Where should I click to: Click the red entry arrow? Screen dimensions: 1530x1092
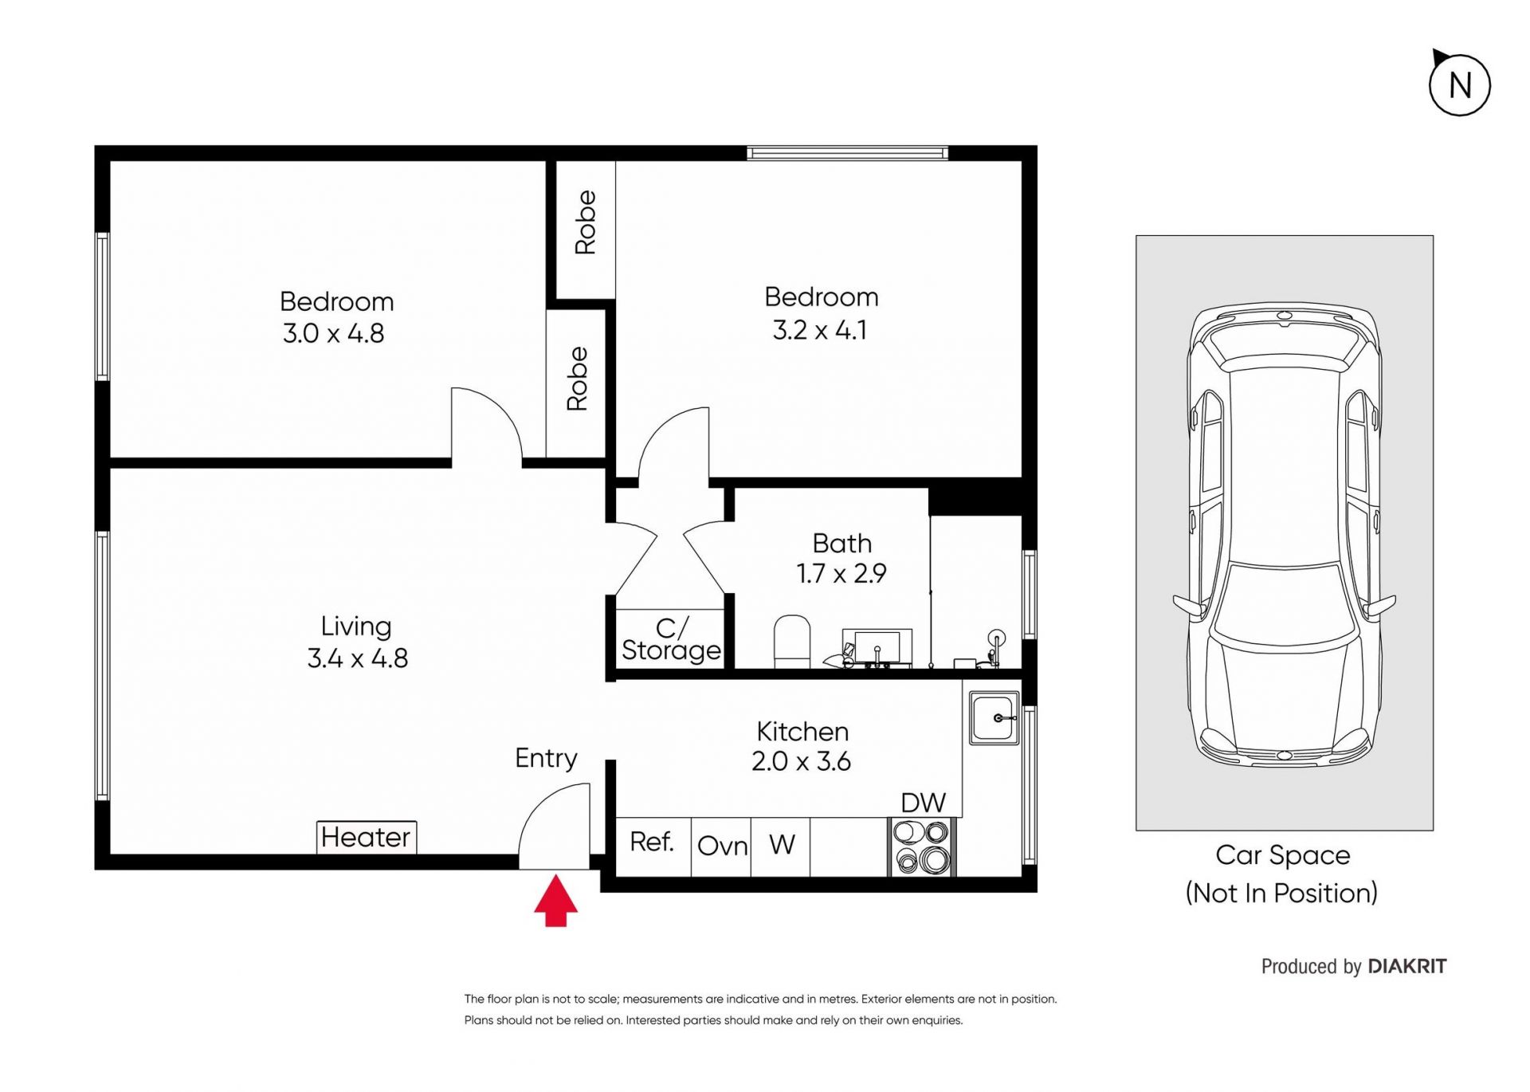[x=555, y=901]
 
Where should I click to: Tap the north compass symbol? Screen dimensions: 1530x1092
[x=1459, y=84]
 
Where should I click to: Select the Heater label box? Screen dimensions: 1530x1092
[x=367, y=837]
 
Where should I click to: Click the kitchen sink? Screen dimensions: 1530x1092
[x=994, y=717]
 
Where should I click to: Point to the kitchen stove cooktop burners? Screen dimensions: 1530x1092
[x=922, y=847]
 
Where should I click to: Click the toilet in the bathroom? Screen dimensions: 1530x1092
[x=792, y=641]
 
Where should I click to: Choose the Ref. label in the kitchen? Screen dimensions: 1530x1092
[x=652, y=842]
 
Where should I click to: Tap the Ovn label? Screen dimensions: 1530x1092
[x=722, y=846]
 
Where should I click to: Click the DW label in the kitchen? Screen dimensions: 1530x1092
[x=923, y=803]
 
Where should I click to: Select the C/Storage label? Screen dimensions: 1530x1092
[x=671, y=639]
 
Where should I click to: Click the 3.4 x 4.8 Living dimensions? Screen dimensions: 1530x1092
[x=357, y=658]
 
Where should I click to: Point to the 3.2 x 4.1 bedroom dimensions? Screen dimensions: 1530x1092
[x=820, y=330]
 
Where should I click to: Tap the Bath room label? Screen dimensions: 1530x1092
[x=842, y=544]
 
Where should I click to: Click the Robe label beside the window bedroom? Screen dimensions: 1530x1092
[x=586, y=222]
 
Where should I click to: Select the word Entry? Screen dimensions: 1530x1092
[x=546, y=758]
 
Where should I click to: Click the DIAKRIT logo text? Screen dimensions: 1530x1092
[x=1407, y=967]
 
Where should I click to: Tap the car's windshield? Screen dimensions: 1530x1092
[x=1284, y=602]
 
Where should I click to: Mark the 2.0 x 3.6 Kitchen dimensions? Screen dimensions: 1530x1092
[x=801, y=761]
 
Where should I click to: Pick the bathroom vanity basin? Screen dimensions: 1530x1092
[x=877, y=647]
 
